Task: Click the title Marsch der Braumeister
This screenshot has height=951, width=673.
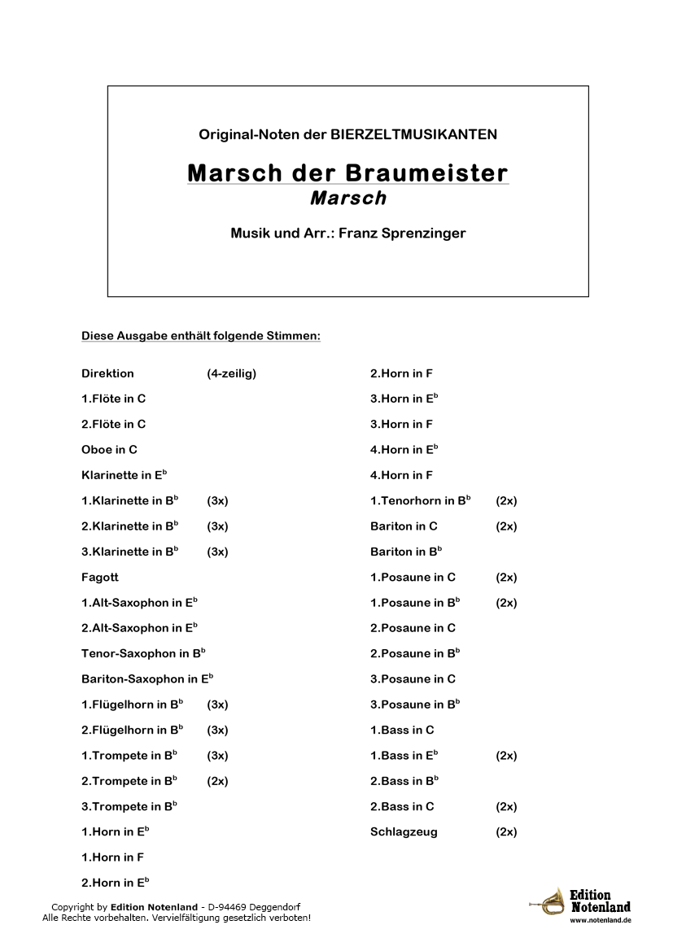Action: click(x=347, y=173)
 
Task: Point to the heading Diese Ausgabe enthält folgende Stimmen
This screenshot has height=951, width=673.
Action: click(x=200, y=335)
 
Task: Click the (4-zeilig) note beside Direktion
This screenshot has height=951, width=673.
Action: click(x=231, y=373)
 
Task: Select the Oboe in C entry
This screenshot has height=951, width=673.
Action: click(x=109, y=449)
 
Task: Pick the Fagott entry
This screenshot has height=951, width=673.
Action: click(x=100, y=577)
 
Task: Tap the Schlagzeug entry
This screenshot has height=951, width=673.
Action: click(x=404, y=831)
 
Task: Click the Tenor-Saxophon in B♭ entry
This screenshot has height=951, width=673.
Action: click(x=143, y=653)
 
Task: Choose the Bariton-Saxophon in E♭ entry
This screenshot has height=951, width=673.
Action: click(x=147, y=678)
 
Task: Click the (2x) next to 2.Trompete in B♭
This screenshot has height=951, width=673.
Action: click(x=217, y=781)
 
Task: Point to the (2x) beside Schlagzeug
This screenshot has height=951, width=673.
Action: click(x=506, y=831)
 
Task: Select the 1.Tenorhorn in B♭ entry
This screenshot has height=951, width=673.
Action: click(x=420, y=500)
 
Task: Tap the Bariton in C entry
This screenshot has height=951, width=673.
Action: click(x=404, y=526)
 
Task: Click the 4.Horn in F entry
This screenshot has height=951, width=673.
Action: click(x=401, y=475)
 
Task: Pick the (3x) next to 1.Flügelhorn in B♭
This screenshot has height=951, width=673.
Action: click(x=217, y=705)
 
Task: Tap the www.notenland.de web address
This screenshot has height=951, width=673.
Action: click(x=600, y=920)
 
